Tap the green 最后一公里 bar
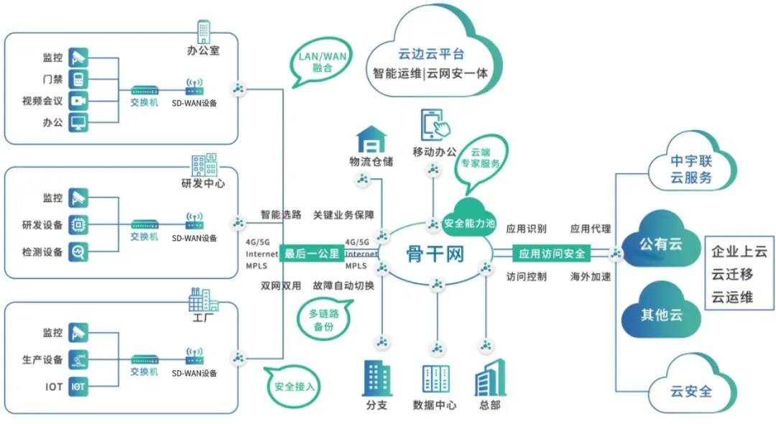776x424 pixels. (x=312, y=254)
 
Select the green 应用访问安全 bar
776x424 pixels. (x=552, y=254)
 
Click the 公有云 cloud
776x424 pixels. (x=660, y=244)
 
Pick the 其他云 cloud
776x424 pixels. (x=660, y=314)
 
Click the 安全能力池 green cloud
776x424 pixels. (x=470, y=221)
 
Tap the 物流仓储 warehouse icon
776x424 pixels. (x=371, y=139)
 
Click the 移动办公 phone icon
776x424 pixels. (x=435, y=125)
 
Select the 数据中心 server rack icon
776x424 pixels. (x=435, y=379)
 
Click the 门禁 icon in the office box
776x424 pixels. (x=78, y=78)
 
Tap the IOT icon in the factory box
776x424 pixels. (x=78, y=387)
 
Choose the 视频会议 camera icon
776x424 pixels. (x=78, y=101)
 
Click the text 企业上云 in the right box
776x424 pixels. (x=739, y=252)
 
